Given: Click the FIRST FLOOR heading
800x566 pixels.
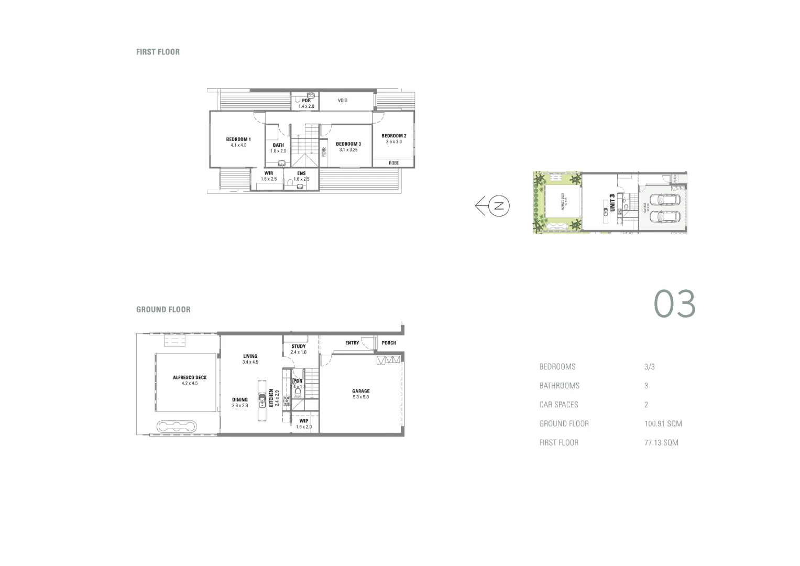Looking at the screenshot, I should tap(158, 52).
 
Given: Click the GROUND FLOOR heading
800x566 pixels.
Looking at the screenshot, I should tap(163, 310).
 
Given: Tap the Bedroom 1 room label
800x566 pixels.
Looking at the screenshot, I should tap(238, 139).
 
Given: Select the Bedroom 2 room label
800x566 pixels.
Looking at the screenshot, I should tap(393, 136).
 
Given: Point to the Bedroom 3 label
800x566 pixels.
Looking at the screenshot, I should tap(348, 144).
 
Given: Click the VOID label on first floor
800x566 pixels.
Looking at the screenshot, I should tap(343, 100).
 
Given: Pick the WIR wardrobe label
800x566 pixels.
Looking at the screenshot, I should tap(268, 173).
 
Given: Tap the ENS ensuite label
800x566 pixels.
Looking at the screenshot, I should tap(301, 173).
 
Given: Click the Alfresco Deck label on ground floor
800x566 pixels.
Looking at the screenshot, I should tap(190, 377).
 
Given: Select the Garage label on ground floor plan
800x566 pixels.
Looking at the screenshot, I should tap(360, 391).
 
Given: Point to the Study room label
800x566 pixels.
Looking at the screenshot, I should tap(299, 346).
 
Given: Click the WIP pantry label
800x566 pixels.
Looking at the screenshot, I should tap(304, 421).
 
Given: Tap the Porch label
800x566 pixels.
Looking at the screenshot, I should tap(389, 343).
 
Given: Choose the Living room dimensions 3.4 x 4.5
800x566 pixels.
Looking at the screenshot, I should tap(250, 362).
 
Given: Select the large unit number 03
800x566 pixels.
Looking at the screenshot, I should tap(674, 304).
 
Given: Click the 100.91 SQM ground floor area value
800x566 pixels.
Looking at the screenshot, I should tap(663, 423).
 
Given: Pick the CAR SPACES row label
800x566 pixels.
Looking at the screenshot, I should tap(558, 405).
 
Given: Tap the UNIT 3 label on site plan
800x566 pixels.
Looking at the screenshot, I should tap(611, 203).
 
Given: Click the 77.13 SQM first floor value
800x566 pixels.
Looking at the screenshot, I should tap(661, 442).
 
